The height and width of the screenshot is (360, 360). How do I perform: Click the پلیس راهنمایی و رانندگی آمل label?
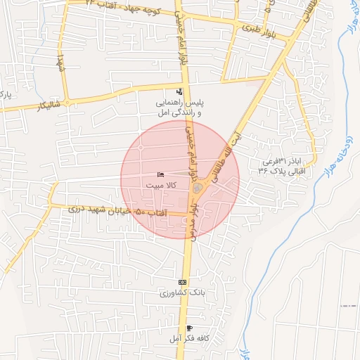click(x=179, y=108)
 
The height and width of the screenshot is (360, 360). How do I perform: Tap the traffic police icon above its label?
click(x=179, y=91)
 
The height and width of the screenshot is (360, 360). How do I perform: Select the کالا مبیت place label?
click(x=161, y=185)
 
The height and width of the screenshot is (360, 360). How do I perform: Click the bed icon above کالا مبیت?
click(x=161, y=174)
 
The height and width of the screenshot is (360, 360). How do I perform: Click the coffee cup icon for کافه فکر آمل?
click(x=189, y=328)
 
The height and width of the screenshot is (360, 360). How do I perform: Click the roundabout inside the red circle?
click(x=200, y=188)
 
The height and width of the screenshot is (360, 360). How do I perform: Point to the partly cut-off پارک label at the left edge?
click(x=5, y=94)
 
